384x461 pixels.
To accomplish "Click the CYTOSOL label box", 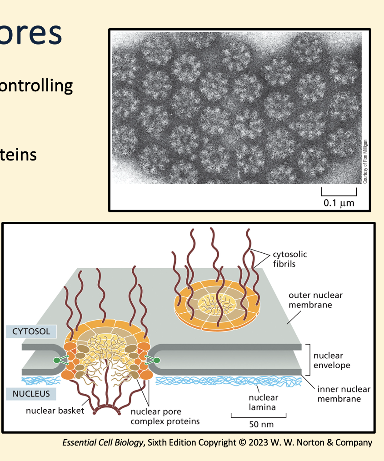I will coord(31,331).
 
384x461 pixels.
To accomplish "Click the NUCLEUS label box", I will coord(31,393).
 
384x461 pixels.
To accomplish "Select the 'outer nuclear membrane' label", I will coord(315,300).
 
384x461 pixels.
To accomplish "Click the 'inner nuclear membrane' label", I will coord(344,394).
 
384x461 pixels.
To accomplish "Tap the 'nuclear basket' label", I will coord(55,411).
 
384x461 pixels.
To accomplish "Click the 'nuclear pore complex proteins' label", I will coord(165,416).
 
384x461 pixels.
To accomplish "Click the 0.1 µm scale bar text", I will coord(339,203).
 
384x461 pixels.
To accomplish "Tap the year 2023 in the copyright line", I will coord(254,442).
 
